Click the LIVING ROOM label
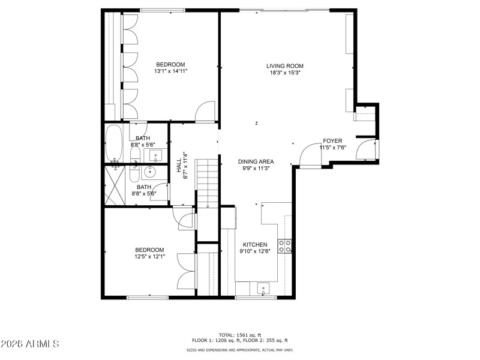point(285,66)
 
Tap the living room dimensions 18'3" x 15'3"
point(285,73)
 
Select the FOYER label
point(332,140)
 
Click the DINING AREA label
point(256,161)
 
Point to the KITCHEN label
point(254,245)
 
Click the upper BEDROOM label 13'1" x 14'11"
point(170,65)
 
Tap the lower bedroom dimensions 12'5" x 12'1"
point(149,257)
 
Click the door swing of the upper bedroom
point(205,111)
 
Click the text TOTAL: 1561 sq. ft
point(240,335)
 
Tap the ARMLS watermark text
point(30,344)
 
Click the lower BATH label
point(143,187)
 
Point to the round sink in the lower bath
point(150,173)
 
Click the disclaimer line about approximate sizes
point(240,350)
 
